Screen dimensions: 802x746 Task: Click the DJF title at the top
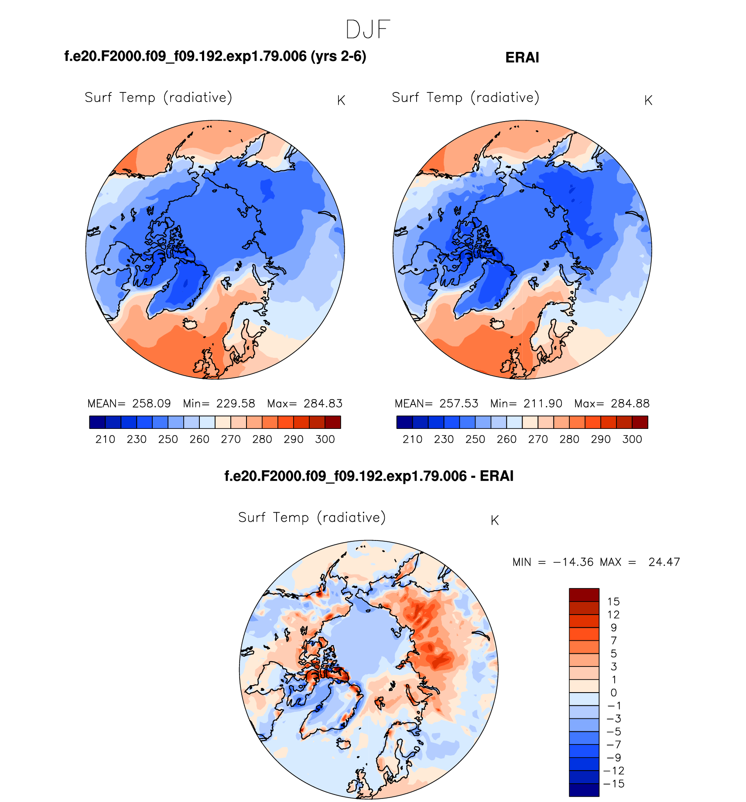[367, 30]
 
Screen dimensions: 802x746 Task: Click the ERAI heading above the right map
[522, 58]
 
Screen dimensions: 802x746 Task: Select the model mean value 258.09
[151, 404]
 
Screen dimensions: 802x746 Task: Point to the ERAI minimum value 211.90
[543, 404]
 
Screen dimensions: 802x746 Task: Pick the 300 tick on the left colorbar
[325, 439]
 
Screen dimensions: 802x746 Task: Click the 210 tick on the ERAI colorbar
[412, 439]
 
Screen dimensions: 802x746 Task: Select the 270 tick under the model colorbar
[230, 439]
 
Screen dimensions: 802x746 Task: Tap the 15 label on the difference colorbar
[613, 602]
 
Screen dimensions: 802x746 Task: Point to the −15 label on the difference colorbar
[613, 784]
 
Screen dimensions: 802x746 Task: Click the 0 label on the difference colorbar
[613, 693]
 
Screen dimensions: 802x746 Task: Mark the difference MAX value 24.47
[664, 562]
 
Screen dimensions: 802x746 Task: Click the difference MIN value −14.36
[573, 562]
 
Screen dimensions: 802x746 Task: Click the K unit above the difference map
[494, 520]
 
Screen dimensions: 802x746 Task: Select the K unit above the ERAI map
[648, 101]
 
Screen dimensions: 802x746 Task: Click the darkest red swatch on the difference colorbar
[584, 595]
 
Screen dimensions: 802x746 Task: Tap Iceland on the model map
[190, 324]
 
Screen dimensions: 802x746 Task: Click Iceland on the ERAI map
[497, 324]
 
